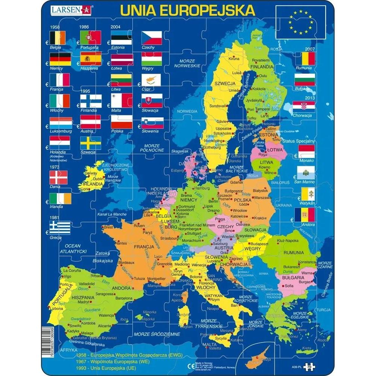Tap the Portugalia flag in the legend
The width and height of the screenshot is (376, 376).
[x=90, y=38]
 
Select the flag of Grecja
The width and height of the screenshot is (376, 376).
[x=59, y=228]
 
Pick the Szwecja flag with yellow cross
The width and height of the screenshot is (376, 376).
[x=90, y=143]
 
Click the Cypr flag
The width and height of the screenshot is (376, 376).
[x=152, y=80]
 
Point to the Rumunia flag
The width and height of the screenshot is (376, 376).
[x=304, y=59]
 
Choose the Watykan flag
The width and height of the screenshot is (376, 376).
[x=304, y=194]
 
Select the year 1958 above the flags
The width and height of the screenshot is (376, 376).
[x=55, y=27]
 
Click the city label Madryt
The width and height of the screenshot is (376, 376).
[x=83, y=302]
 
